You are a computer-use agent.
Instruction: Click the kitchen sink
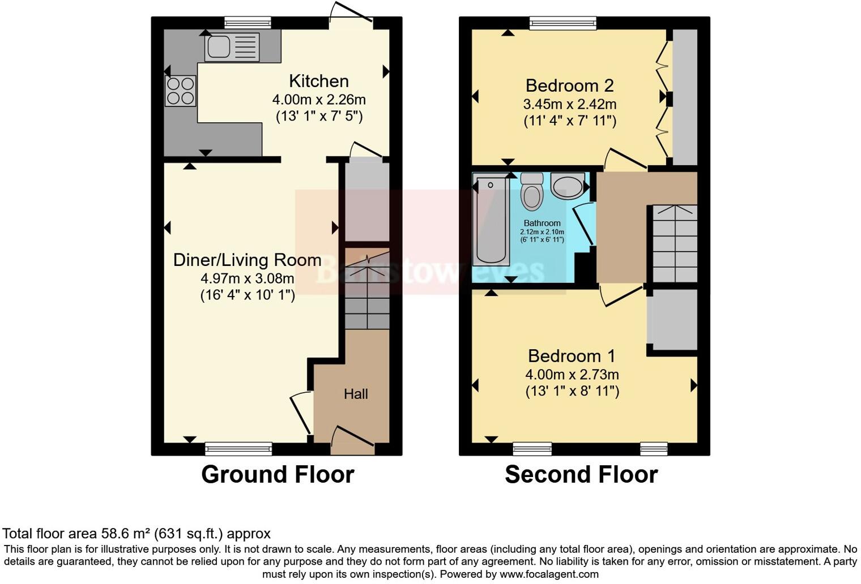[232, 47]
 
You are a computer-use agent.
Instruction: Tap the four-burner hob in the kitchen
[181, 91]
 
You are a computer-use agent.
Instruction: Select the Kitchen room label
[318, 81]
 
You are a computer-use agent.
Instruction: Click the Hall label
[356, 394]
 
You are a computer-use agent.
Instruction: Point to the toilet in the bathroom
[531, 192]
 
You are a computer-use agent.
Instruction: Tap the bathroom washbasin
[568, 186]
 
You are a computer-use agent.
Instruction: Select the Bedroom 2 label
[569, 85]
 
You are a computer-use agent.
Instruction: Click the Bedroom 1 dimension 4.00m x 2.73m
[572, 375]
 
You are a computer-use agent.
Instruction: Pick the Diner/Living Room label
[247, 260]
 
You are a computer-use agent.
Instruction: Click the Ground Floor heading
[278, 474]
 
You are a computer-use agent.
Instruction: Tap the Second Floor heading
[581, 474]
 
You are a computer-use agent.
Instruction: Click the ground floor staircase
[367, 289]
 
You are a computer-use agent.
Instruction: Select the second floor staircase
[674, 243]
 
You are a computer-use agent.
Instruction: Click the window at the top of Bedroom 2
[563, 23]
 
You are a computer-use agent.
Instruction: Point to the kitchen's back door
[351, 20]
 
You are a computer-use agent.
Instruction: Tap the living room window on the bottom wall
[238, 449]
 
